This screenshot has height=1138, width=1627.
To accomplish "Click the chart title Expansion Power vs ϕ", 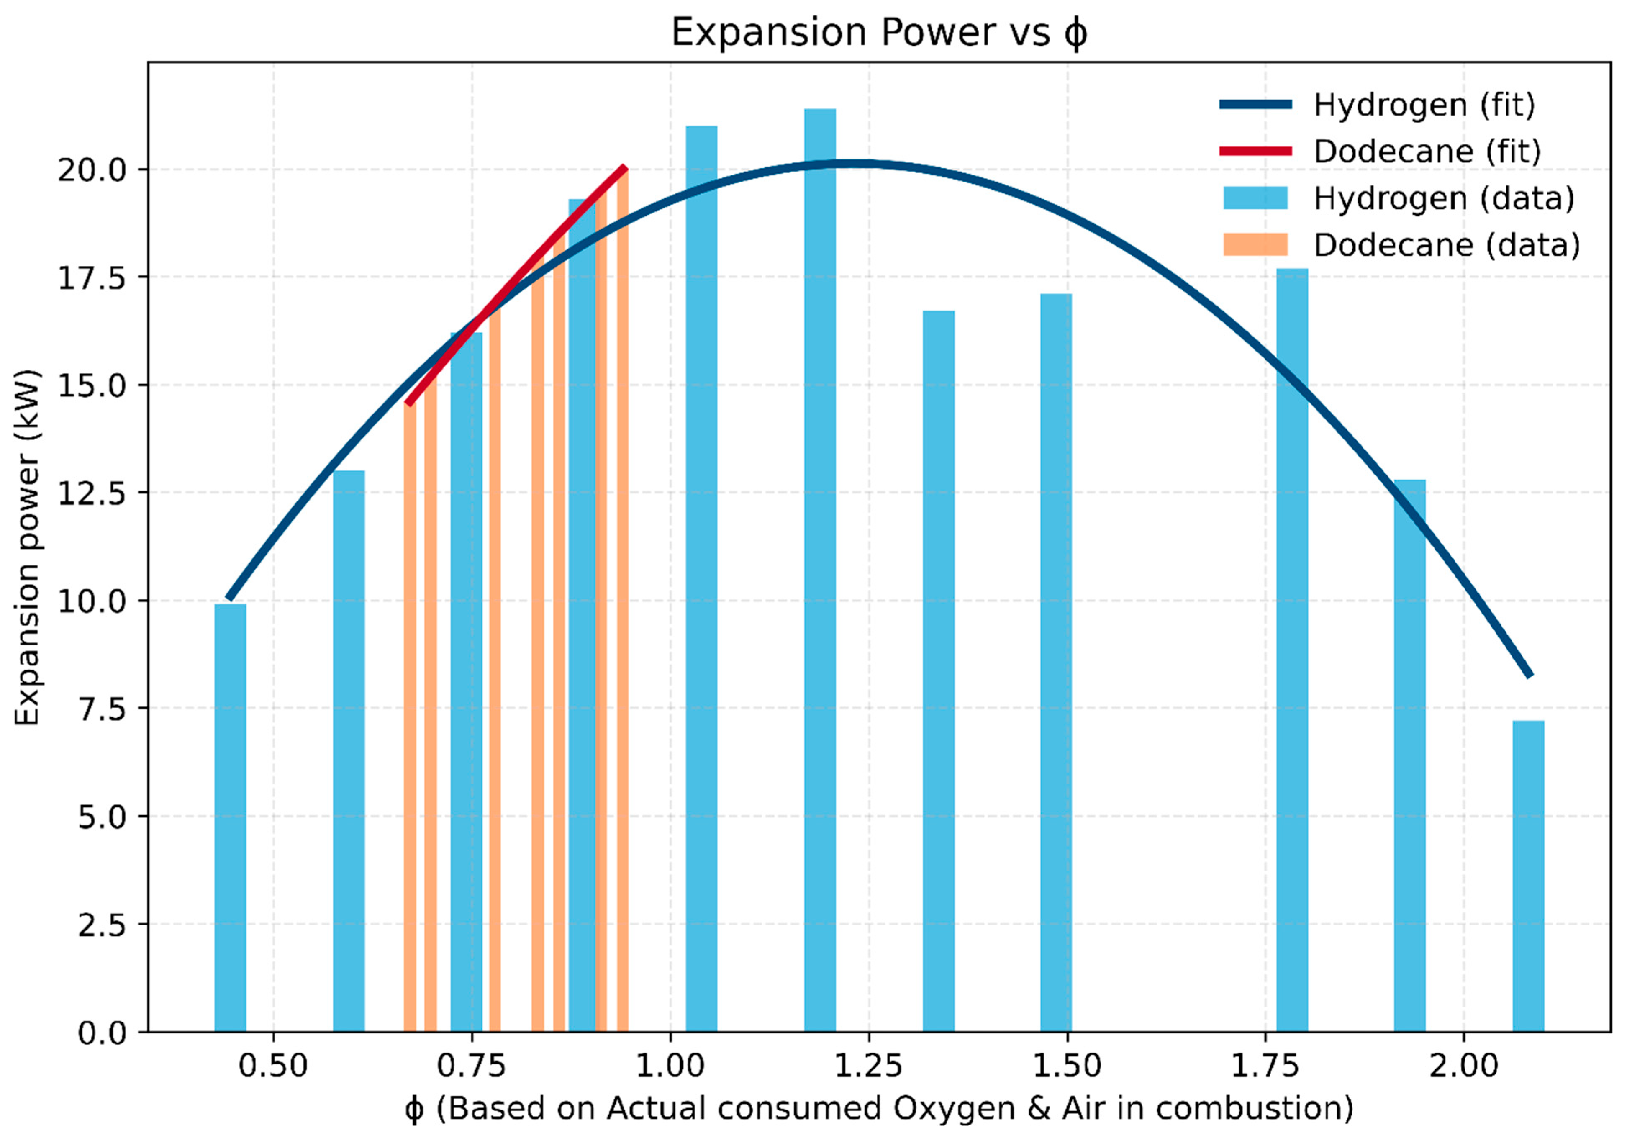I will point(879,33).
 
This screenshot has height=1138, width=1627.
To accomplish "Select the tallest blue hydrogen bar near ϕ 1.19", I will point(820,567).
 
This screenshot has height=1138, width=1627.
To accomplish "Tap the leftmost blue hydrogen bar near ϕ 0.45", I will point(230,815).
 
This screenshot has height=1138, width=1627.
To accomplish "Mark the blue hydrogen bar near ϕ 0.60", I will point(349,751).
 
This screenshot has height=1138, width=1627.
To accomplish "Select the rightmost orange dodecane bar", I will point(622,602).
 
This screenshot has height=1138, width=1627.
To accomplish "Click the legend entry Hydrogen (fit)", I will point(1424,105).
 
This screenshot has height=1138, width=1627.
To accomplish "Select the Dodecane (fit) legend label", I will point(1427,152).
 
